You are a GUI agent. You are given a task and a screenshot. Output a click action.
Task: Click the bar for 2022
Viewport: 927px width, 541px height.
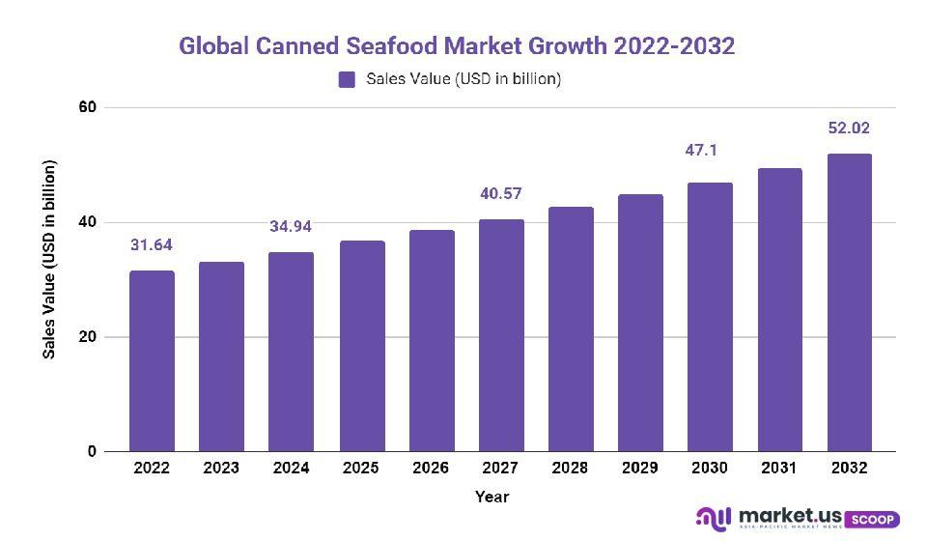pyautogui.click(x=152, y=361)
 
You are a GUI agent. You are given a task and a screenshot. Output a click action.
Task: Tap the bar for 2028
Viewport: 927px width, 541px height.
pyautogui.click(x=570, y=329)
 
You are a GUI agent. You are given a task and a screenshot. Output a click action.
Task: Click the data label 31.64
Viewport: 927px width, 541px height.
pyautogui.click(x=152, y=245)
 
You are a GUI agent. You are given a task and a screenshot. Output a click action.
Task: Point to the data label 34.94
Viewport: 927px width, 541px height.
pyautogui.click(x=291, y=227)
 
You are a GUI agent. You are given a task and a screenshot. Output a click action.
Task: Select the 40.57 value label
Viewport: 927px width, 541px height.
pyautogui.click(x=500, y=194)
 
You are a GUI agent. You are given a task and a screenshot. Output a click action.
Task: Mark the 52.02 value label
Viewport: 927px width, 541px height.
pyautogui.click(x=849, y=128)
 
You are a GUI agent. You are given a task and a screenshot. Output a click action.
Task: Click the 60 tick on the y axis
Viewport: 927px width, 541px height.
pyautogui.click(x=88, y=106)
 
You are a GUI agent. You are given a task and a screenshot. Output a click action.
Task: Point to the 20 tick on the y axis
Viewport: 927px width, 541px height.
pyautogui.click(x=88, y=337)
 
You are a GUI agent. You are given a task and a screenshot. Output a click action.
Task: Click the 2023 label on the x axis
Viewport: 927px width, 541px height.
pyautogui.click(x=221, y=468)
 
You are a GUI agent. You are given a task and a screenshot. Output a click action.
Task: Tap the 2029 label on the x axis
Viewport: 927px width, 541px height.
pyautogui.click(x=639, y=468)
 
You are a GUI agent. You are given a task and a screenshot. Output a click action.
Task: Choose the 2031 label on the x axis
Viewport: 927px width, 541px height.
pyautogui.click(x=778, y=468)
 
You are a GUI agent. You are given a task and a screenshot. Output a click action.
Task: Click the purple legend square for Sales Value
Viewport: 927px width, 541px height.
pyautogui.click(x=347, y=79)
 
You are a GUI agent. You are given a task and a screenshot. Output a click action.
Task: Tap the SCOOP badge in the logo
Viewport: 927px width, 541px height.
pyautogui.click(x=872, y=520)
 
